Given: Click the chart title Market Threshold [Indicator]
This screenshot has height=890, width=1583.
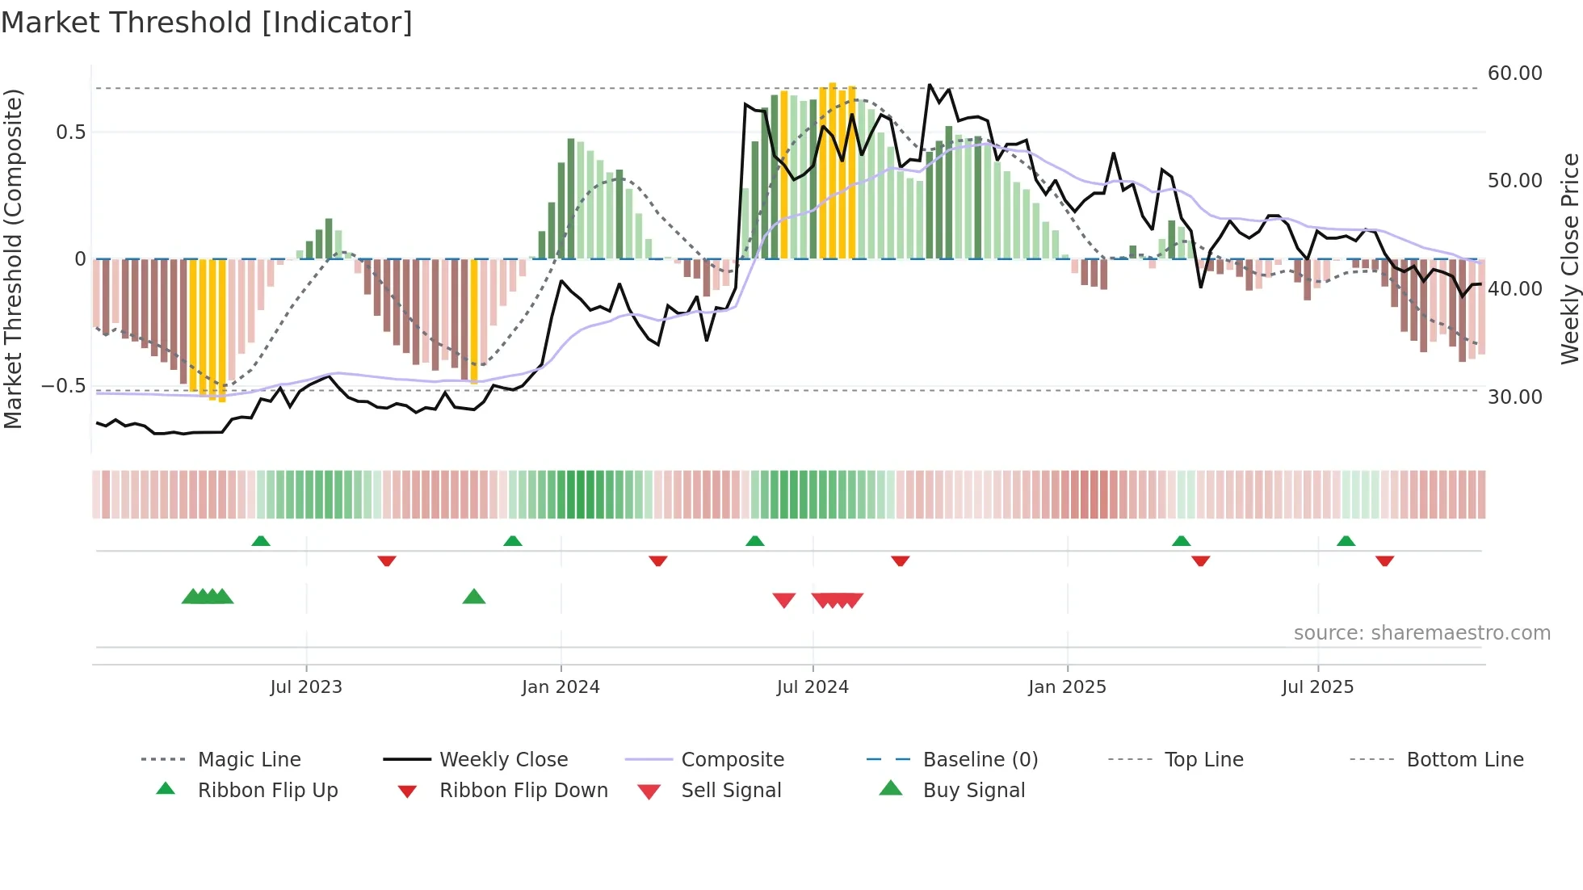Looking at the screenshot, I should [x=207, y=23].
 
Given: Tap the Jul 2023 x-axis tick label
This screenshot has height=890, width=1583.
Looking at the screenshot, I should [x=306, y=687].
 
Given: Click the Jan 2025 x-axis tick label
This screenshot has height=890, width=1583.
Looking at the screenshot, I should [x=1067, y=687].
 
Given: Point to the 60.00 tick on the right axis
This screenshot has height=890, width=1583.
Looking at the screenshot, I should [x=1514, y=73].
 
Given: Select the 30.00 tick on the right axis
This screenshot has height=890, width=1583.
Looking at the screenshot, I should [x=1514, y=397].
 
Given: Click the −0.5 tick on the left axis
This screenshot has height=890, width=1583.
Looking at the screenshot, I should [x=64, y=386].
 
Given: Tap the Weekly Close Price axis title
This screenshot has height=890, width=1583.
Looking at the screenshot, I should [x=1569, y=258].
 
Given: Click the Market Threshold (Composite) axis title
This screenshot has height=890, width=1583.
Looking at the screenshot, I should [x=13, y=258].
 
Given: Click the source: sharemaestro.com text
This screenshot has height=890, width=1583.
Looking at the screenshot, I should [x=1421, y=633].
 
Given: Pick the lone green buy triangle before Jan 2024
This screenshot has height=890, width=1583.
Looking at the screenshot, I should [x=474, y=598].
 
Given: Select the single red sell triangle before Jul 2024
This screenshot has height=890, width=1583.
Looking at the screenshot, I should [x=784, y=600].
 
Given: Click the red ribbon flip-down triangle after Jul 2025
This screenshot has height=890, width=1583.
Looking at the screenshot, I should [x=1384, y=560].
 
